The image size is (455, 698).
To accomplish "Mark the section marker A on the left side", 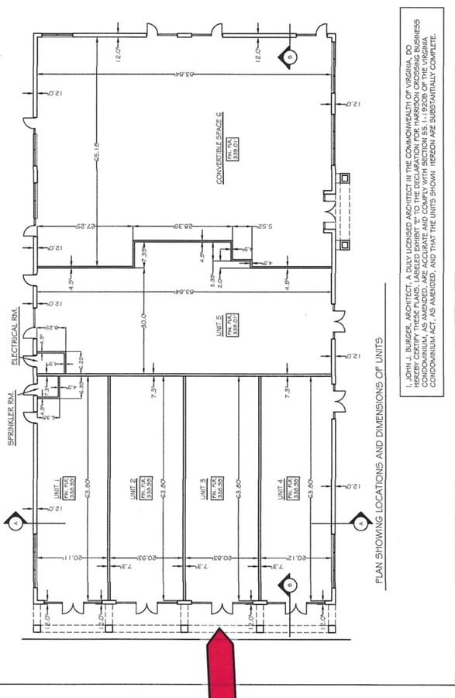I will pyautogui.click(x=16, y=522).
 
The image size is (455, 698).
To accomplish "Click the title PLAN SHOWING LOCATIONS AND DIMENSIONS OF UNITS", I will pyautogui.click(x=379, y=458).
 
